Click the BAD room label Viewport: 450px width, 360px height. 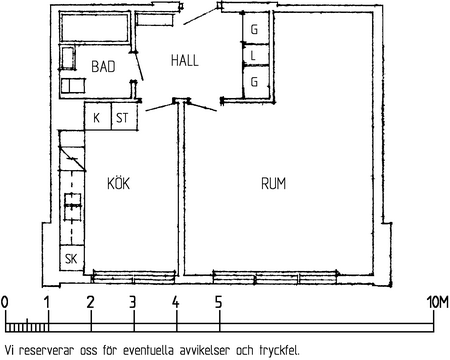(103, 66)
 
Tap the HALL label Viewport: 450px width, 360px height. (185, 61)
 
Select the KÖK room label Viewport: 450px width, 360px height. (118, 183)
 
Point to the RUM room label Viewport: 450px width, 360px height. (273, 184)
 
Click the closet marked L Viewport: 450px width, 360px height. (256, 55)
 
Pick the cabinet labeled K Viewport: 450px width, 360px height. (98, 116)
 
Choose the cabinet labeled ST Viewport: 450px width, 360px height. (124, 116)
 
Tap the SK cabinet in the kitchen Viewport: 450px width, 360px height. (72, 258)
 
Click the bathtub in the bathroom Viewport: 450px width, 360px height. (94, 27)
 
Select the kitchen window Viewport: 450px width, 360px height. (134, 277)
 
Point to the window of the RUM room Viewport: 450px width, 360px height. (275, 277)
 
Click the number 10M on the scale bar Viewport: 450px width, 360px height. (438, 303)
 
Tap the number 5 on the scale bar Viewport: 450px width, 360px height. (218, 303)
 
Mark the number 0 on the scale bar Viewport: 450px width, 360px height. (5, 303)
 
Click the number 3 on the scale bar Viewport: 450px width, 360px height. (133, 303)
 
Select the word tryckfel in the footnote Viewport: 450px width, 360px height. (279, 351)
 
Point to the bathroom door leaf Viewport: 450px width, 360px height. (138, 66)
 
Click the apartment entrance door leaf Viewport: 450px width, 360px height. (201, 16)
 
